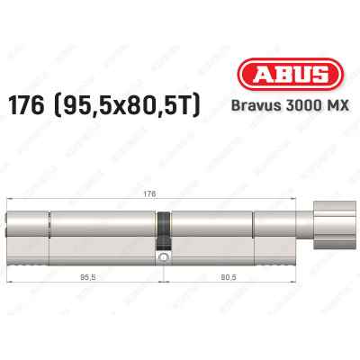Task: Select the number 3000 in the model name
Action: [297, 109]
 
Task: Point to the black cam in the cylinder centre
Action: [164, 231]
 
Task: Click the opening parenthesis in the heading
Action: [83, 108]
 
